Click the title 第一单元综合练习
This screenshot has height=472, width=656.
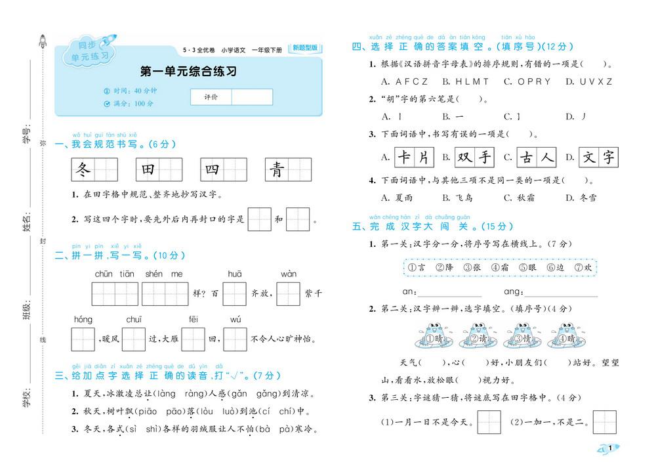(189, 71)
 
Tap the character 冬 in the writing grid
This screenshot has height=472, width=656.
(82, 170)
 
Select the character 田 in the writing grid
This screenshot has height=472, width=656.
(148, 170)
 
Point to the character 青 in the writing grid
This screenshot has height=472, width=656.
(277, 170)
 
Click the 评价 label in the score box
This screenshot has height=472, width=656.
(211, 97)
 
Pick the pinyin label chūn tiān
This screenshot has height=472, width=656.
(114, 274)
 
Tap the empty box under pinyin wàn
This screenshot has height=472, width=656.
(289, 293)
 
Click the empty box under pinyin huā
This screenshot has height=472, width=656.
(234, 293)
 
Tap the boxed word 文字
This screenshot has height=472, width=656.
(600, 157)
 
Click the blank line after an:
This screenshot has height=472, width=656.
(449, 292)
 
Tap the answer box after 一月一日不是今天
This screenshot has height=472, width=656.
(489, 422)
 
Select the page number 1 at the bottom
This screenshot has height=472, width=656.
(610, 448)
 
